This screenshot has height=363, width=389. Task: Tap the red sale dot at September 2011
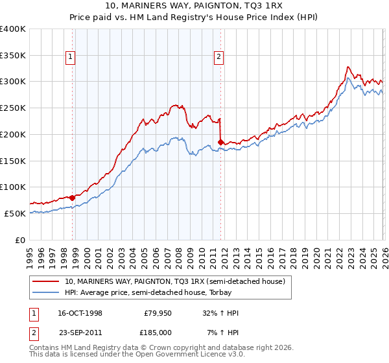tap(221, 141)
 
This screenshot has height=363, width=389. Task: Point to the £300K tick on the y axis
tap(14, 82)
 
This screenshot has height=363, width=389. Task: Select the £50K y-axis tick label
tap(14, 213)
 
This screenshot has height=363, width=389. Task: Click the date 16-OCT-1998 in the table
tap(80, 313)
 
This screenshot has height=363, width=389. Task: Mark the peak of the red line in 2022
tap(348, 66)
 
